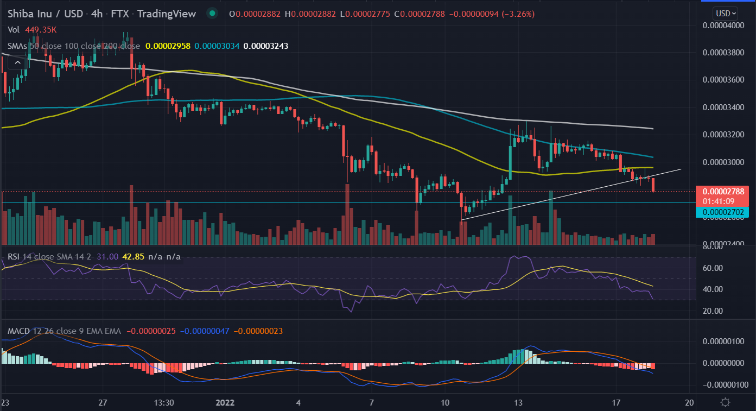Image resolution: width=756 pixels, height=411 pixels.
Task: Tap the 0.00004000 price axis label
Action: coord(725,25)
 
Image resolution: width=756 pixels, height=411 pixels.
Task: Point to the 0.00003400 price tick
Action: coord(725,107)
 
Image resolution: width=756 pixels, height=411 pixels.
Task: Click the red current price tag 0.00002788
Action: coord(725,191)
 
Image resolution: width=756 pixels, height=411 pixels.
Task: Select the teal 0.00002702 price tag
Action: coord(725,212)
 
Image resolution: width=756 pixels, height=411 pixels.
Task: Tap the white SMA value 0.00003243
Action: coord(266,46)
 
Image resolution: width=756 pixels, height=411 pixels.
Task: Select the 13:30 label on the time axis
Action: coord(163,402)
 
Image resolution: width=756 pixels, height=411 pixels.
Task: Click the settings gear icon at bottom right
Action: coord(725,402)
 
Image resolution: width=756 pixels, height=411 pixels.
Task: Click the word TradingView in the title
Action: coord(166,14)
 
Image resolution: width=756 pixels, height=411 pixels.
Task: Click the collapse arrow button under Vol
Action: coord(18,63)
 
